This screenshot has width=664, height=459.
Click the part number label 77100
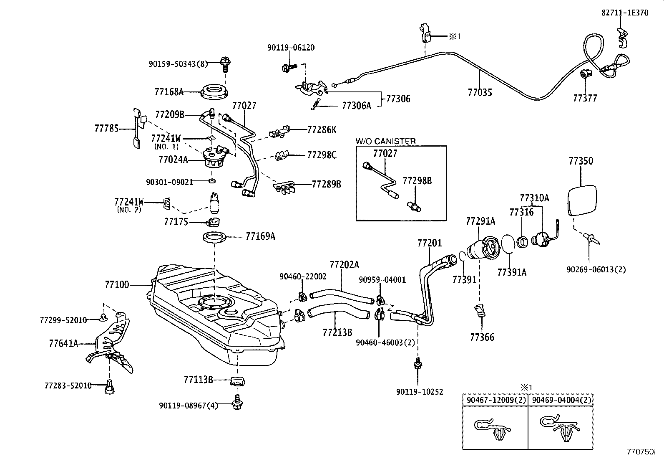117,285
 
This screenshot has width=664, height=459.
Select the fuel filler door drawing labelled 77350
582,200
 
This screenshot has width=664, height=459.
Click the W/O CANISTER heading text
385,141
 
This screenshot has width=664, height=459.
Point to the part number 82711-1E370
625,13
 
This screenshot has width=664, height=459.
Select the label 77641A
63,344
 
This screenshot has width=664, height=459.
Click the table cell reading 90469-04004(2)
560,400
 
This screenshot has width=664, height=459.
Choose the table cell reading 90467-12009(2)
495,400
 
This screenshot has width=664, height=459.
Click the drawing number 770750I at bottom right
641,452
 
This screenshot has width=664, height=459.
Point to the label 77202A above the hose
344,265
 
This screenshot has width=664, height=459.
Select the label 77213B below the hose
337,332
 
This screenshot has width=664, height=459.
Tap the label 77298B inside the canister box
417,181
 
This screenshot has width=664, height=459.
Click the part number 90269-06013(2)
596,270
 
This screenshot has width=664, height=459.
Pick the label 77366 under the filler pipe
482,337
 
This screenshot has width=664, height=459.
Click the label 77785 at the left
107,129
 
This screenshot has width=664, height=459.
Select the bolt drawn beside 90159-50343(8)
226,64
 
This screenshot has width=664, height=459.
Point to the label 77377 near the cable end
585,98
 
